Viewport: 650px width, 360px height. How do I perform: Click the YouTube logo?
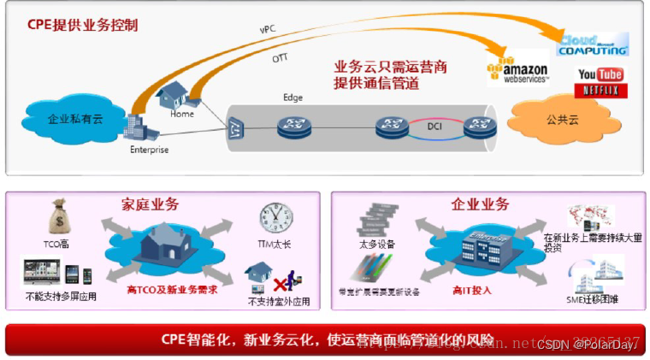click(x=600, y=74)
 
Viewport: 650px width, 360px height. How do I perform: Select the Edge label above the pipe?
click(x=293, y=97)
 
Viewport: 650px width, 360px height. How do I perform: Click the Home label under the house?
click(x=182, y=113)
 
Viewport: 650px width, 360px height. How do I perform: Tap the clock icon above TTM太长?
click(x=276, y=220)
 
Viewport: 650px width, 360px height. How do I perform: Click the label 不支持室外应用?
click(x=278, y=301)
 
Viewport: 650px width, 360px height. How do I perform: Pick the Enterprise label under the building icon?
click(x=149, y=150)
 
